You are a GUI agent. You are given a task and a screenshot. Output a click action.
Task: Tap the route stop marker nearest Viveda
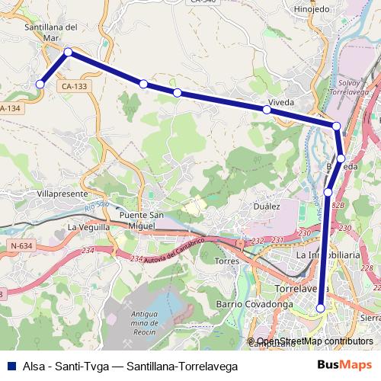click(267, 110)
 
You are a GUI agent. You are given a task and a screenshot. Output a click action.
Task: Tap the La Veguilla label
click(89, 227)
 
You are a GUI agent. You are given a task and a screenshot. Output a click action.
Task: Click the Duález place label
click(267, 206)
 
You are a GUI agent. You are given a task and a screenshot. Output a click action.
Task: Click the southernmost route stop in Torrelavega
click(321, 308)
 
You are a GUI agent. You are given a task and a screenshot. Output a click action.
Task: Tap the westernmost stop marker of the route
click(40, 84)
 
